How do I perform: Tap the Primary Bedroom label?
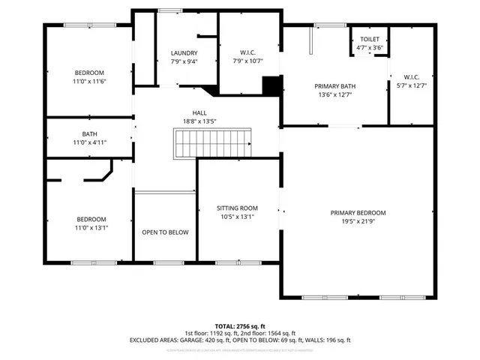(x=358, y=212)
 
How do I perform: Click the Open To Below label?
(x=165, y=232)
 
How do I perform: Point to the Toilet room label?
(x=369, y=39)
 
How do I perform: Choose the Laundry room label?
(x=184, y=52)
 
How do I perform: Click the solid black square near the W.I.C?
(x=270, y=85)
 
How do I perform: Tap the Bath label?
(x=90, y=134)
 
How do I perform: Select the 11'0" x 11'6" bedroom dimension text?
(x=90, y=80)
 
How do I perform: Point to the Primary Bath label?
(x=334, y=86)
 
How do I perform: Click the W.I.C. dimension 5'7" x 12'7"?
(x=411, y=85)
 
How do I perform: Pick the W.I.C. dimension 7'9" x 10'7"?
(x=249, y=60)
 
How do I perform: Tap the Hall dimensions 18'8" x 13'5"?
(x=199, y=121)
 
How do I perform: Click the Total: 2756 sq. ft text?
(x=240, y=326)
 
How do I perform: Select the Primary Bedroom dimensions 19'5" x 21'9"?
(x=358, y=221)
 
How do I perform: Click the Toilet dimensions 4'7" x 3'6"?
(x=369, y=47)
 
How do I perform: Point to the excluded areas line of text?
(x=240, y=340)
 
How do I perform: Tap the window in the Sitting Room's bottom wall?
(x=237, y=262)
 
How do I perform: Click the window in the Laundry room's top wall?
(x=170, y=10)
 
